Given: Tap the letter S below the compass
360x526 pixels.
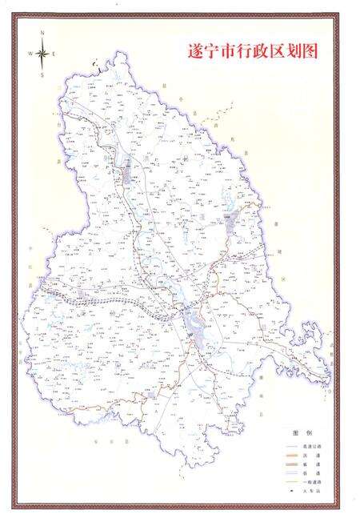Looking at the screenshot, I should tap(42, 74).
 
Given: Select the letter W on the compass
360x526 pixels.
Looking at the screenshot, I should tap(30, 53).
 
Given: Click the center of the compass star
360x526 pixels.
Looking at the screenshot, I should tap(42, 53).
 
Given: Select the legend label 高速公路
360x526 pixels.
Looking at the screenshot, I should tap(311, 446).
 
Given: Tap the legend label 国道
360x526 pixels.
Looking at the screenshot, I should tap(311, 456).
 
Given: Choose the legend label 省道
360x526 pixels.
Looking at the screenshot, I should tap(311, 465).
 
